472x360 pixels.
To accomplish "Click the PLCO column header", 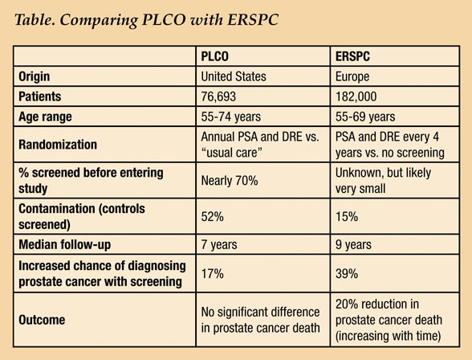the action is point(214,56).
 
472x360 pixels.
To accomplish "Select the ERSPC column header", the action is point(352,56).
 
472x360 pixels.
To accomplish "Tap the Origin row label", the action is point(34,76).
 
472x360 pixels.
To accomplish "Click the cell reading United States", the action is point(234,76).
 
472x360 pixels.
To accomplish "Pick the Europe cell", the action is point(352,76).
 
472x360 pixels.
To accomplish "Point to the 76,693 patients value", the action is point(218,96).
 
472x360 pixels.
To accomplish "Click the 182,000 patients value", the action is point(356,96).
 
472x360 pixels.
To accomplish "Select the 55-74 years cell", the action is point(231,117).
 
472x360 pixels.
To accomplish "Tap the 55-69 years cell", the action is point(365,117).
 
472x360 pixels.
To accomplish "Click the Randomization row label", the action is point(58,145).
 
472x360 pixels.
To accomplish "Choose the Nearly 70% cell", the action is point(230,181).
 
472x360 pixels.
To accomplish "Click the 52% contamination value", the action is point(212,217).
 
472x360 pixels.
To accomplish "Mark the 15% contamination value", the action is point(347,217).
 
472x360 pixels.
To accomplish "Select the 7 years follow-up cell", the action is point(219,244).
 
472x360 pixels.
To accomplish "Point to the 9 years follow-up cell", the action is point(353,244).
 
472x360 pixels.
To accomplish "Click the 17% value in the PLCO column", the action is point(212,274).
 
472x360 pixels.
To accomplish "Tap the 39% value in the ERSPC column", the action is point(347,274).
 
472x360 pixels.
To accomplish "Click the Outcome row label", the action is point(42,320).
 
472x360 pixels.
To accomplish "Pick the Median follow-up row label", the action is point(64,244).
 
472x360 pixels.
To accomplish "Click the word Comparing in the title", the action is point(99,20).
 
